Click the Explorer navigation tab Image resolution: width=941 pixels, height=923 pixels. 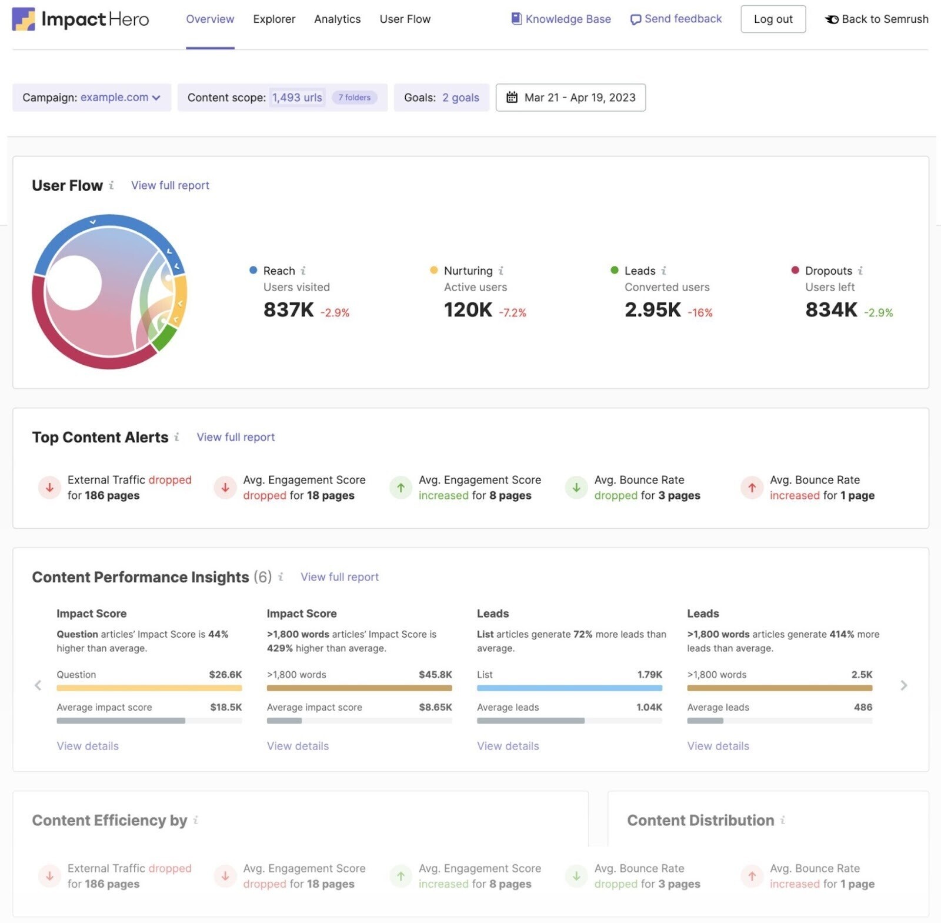pos(274,19)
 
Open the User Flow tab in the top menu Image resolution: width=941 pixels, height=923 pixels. pos(405,19)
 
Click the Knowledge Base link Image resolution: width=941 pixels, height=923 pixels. pos(561,19)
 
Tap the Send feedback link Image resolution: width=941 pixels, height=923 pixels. pos(676,19)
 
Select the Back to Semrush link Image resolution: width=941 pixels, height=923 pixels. pos(877,19)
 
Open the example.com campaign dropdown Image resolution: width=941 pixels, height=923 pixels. pos(120,98)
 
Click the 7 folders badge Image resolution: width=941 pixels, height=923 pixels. pos(354,98)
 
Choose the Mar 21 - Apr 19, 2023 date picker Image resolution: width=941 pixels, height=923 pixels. pos(570,98)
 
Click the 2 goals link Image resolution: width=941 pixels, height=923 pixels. pos(461,98)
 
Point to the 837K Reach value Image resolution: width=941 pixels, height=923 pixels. pos(288,309)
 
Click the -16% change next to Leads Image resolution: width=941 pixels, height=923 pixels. pos(700,313)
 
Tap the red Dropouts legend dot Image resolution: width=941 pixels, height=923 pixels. pos(795,270)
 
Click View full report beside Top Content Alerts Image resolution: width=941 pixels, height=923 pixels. pos(235,437)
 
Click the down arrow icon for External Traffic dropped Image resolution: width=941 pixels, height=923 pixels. pos(49,488)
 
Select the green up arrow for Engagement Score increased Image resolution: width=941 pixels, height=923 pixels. pos(401,488)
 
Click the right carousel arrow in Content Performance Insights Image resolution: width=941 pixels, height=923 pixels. pos(903,685)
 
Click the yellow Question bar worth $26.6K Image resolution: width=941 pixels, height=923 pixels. pos(149,688)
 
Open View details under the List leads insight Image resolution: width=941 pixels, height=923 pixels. pos(508,746)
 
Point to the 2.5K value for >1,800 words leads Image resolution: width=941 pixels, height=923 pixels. pos(862,675)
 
